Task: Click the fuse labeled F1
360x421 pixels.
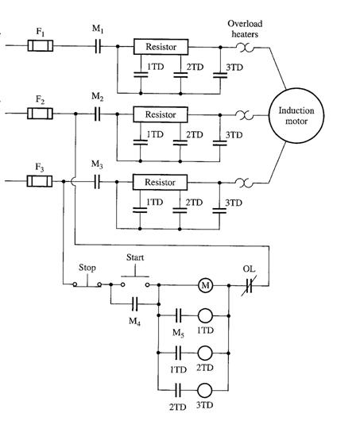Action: click(41, 45)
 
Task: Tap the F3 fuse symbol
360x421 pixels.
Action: click(40, 181)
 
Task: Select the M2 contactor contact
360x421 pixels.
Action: click(98, 114)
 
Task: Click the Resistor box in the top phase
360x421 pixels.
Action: click(161, 47)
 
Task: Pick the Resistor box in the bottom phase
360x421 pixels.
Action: click(160, 183)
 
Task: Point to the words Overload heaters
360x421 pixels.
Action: click(245, 29)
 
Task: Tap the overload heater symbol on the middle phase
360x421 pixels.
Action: click(245, 115)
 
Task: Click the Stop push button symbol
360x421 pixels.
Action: click(87, 283)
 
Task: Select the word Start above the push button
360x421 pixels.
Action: click(135, 257)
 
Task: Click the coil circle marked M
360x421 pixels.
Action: click(206, 285)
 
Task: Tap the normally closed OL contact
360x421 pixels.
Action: click(249, 285)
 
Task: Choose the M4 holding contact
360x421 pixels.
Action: click(135, 304)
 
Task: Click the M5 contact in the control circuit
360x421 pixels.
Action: click(179, 315)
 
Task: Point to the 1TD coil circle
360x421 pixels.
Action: click(205, 315)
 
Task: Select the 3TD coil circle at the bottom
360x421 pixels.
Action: click(205, 391)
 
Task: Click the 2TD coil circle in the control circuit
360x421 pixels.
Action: click(205, 353)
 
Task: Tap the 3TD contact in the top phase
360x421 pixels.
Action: click(220, 75)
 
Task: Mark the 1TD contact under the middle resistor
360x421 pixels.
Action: click(140, 142)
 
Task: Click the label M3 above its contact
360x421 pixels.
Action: click(97, 164)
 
